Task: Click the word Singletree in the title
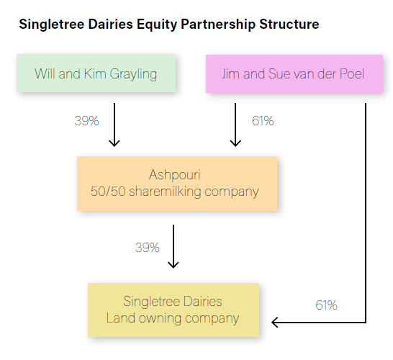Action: tap(52, 24)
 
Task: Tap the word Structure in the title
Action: tap(289, 24)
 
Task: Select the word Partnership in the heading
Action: tap(218, 24)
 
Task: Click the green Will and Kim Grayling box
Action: tap(96, 73)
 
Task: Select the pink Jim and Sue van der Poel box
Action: tap(294, 73)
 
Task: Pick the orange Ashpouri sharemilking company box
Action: tap(177, 184)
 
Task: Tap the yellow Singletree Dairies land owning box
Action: tap(173, 310)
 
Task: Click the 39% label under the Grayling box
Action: tap(86, 121)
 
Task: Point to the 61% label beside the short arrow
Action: tap(263, 121)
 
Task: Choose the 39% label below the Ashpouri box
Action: tap(148, 248)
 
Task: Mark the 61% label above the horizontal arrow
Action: tap(326, 305)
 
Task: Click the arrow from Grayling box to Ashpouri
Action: tap(114, 125)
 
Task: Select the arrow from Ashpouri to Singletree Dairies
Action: tap(173, 246)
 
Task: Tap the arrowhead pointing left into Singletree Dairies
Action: tap(275, 322)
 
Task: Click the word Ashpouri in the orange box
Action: tap(175, 174)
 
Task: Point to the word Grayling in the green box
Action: tap(133, 74)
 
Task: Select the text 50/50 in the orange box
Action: tap(108, 192)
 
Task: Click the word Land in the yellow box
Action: tap(121, 318)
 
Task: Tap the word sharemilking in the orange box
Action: tap(165, 192)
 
